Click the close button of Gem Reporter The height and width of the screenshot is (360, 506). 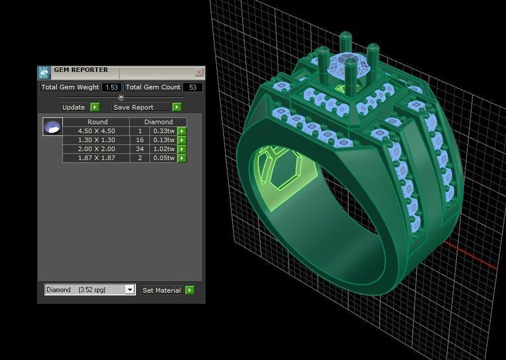199,72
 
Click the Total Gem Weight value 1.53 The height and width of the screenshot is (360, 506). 112,87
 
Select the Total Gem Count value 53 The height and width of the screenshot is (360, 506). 193,87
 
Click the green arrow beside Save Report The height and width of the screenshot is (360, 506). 176,107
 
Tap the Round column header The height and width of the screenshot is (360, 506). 97,122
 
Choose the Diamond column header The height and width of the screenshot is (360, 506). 158,122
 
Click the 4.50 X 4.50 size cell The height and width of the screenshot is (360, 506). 96,131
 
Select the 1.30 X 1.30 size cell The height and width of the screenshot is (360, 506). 96,140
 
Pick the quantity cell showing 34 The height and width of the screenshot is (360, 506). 139,149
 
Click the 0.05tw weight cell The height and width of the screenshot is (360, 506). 163,158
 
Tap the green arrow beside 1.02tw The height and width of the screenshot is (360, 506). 182,149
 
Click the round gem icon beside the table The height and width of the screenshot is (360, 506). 53,126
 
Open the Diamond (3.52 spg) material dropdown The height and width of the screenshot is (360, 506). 130,290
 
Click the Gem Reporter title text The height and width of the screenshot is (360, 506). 81,70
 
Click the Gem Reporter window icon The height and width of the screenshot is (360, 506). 44,72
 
